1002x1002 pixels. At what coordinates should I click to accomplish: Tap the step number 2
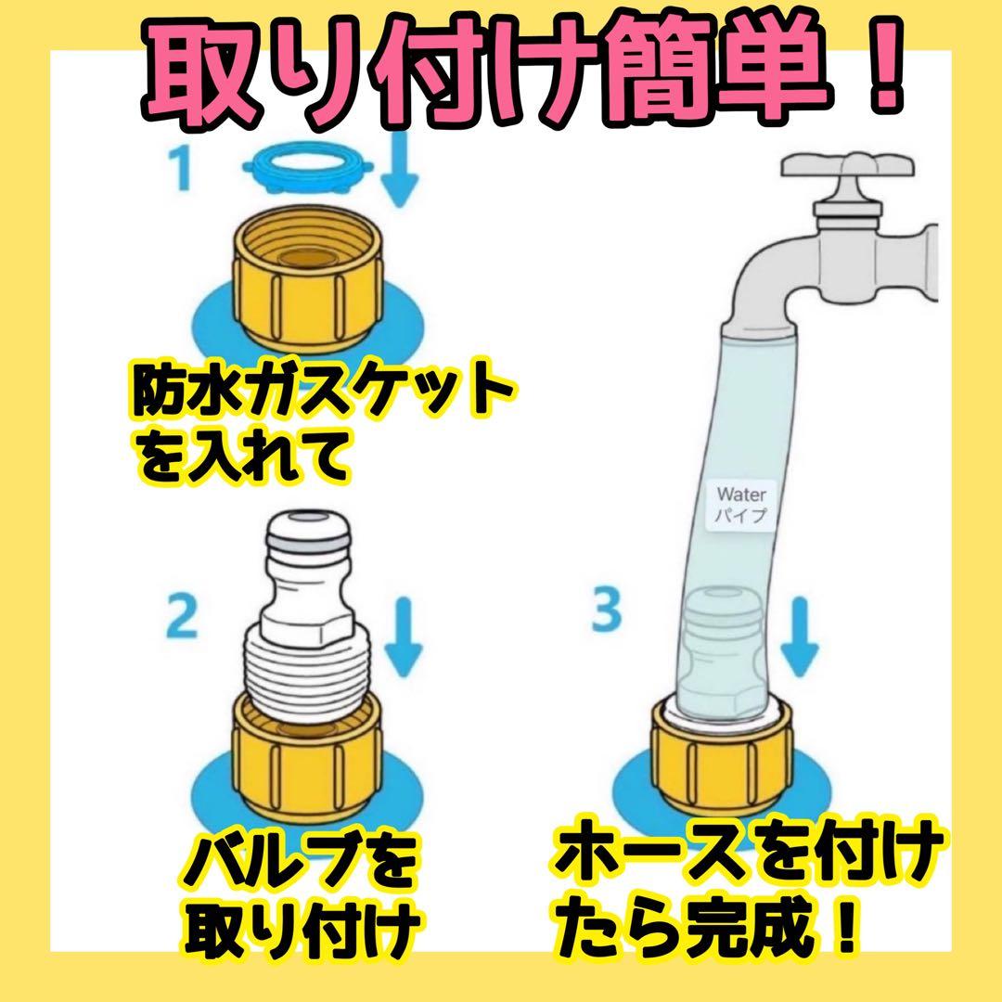(x=182, y=616)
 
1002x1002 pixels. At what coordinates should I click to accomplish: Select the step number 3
(x=607, y=610)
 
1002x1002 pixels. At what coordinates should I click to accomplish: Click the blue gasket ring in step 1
(x=308, y=167)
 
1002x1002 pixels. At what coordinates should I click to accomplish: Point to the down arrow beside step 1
(x=399, y=170)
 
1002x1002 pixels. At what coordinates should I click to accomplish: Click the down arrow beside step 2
(x=403, y=636)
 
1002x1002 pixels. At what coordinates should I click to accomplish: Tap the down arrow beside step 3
(x=800, y=636)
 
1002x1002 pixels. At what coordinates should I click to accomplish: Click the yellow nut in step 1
(x=307, y=282)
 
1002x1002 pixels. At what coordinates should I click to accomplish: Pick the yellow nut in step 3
(x=722, y=758)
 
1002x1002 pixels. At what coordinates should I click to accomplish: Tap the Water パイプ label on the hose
(x=741, y=504)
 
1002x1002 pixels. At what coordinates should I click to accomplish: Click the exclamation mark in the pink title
(x=884, y=67)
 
